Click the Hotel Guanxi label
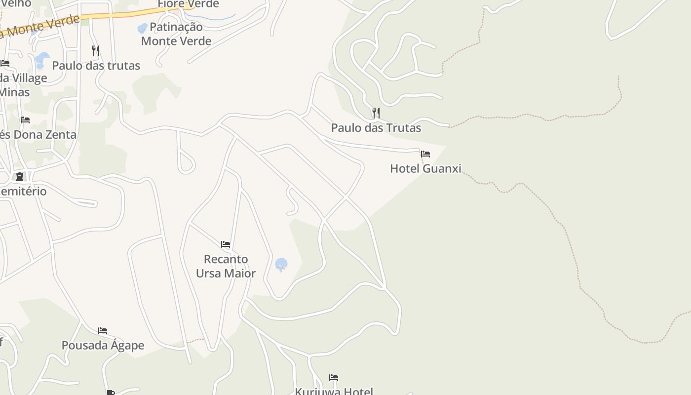pyautogui.click(x=425, y=168)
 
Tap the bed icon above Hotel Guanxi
pyautogui.click(x=425, y=154)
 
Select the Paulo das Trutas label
pyautogui.click(x=376, y=128)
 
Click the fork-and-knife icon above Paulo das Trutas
pyautogui.click(x=376, y=113)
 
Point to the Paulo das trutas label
pyautogui.click(x=96, y=66)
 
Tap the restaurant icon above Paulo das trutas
pyautogui.click(x=96, y=50)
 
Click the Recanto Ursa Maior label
pyautogui.click(x=226, y=266)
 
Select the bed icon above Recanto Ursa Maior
pyautogui.click(x=226, y=244)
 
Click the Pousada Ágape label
pyautogui.click(x=103, y=345)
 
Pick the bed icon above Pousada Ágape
pyautogui.click(x=103, y=331)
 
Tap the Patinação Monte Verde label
pyautogui.click(x=176, y=34)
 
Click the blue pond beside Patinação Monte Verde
pyautogui.click(x=142, y=29)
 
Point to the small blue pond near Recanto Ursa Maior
pyautogui.click(x=281, y=265)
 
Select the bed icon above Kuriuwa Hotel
pyautogui.click(x=334, y=378)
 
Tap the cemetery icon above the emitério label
pyautogui.click(x=20, y=177)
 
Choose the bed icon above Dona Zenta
pyautogui.click(x=25, y=120)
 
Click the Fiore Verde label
pyautogui.click(x=188, y=4)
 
